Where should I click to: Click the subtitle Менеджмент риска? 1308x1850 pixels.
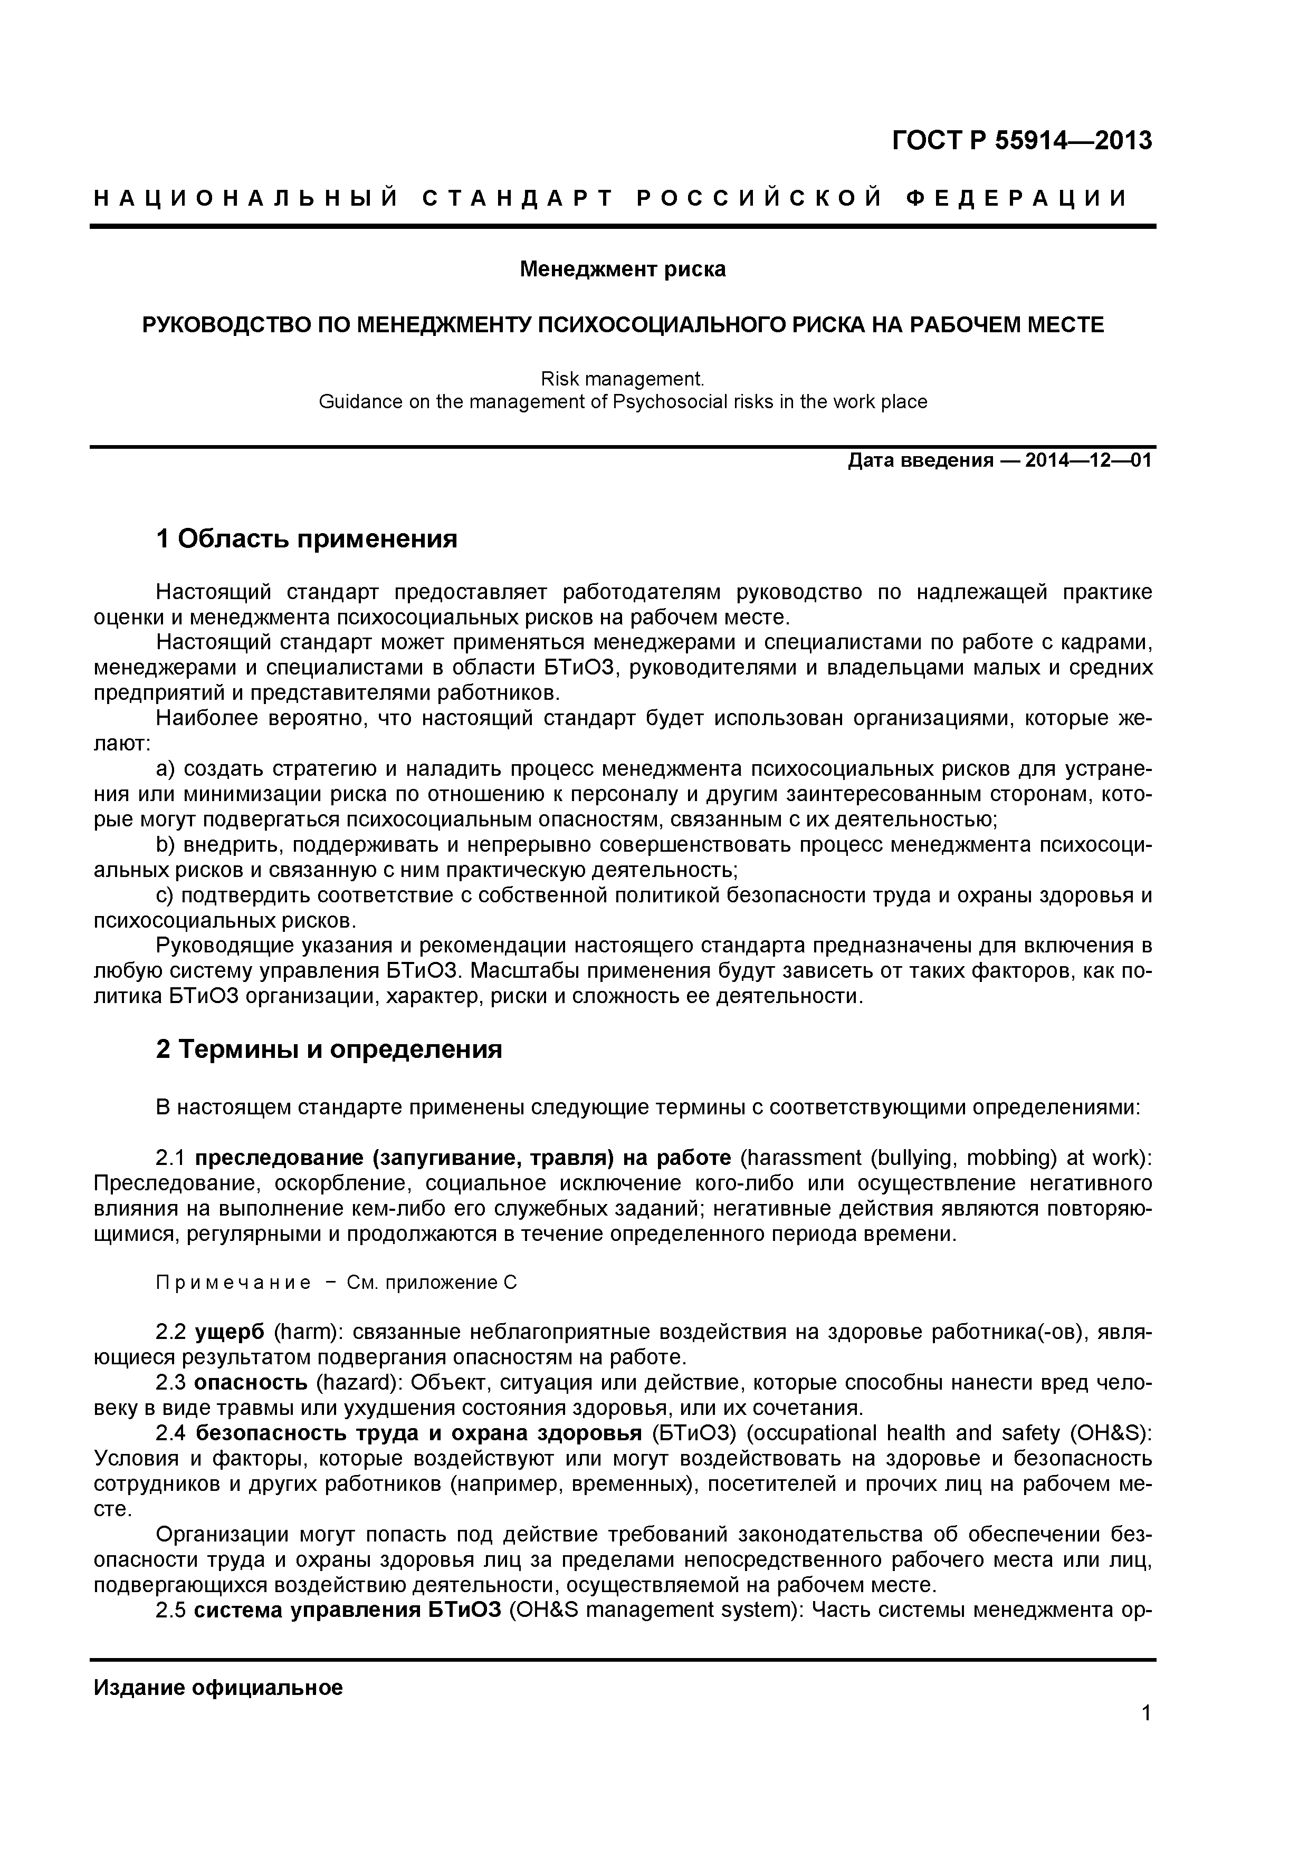(622, 269)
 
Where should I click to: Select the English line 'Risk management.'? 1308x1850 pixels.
(622, 378)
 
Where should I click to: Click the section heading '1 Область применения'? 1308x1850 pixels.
(306, 539)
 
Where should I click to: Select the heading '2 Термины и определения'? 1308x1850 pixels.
(329, 1049)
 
